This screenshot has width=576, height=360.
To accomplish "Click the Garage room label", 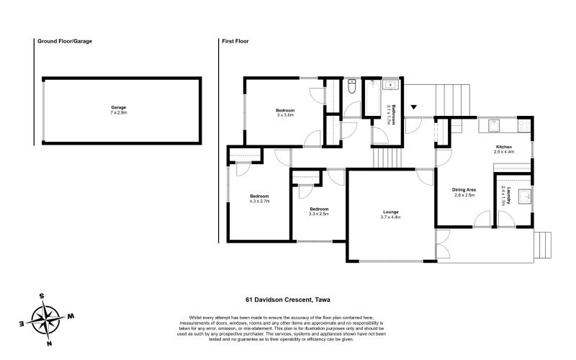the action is click(119, 107).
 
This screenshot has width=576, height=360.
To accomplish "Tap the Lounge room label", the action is click(390, 212).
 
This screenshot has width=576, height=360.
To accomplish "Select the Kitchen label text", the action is click(503, 147).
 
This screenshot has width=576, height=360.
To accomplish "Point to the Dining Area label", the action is click(464, 190).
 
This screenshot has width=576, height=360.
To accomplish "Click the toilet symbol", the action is click(351, 86).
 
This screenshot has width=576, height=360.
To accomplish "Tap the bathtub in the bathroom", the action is click(373, 98).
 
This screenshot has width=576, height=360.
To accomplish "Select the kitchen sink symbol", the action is click(494, 125).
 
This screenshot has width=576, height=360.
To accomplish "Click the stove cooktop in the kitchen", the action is click(524, 125).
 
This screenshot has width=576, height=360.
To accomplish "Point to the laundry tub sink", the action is click(524, 197).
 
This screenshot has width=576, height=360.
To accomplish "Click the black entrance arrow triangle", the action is click(414, 107).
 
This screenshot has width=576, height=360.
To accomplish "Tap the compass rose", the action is click(45, 319).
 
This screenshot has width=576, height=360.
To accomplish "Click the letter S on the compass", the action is click(42, 296).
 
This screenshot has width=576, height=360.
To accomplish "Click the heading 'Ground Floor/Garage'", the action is click(65, 41).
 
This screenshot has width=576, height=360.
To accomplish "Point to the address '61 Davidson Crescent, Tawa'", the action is click(288, 300).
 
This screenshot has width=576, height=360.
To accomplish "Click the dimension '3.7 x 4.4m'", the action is click(390, 217).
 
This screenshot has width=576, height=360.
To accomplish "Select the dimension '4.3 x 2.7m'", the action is click(260, 201).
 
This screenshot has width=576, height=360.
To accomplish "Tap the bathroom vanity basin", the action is click(390, 85).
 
